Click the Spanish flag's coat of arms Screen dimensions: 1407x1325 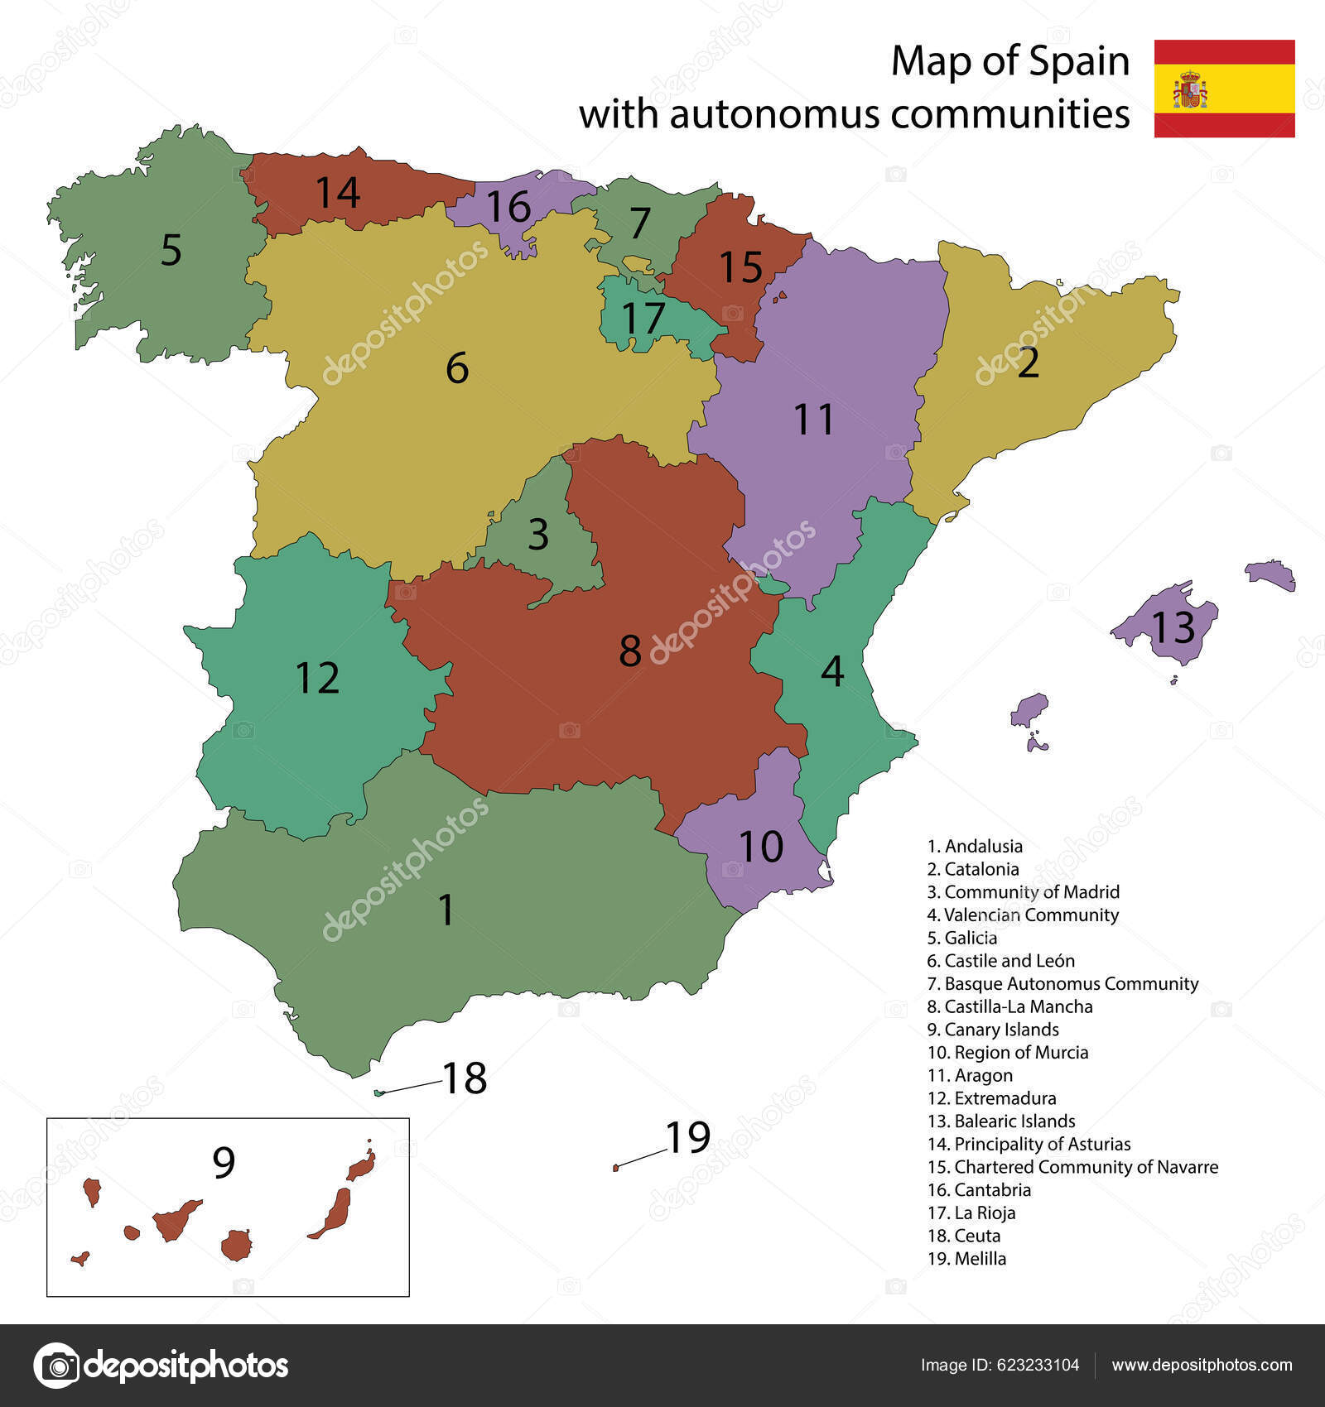click(1189, 89)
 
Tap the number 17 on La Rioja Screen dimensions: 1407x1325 click(643, 318)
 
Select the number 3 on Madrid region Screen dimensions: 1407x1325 click(538, 535)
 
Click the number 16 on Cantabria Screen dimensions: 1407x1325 click(508, 207)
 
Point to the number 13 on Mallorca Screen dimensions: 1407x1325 click(1173, 627)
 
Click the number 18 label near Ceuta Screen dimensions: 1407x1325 click(465, 1078)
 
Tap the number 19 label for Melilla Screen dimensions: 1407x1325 click(688, 1137)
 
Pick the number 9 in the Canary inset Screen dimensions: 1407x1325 click(224, 1163)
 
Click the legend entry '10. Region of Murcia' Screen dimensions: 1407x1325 click(1008, 1053)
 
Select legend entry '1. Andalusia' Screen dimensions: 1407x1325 click(975, 846)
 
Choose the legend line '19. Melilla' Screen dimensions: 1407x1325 click(967, 1259)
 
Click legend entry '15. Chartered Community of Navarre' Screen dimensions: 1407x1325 click(1072, 1167)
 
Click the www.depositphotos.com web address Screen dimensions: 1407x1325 click(1202, 1366)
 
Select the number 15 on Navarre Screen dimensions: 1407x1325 click(740, 267)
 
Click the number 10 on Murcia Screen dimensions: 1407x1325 click(760, 847)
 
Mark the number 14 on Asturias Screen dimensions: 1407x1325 click(338, 192)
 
